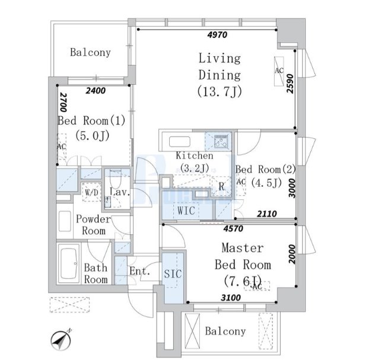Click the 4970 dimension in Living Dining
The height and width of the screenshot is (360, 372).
click(x=217, y=35)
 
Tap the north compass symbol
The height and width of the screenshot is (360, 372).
click(x=61, y=340)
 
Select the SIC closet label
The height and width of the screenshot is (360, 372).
click(x=173, y=274)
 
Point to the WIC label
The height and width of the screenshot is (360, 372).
click(x=186, y=211)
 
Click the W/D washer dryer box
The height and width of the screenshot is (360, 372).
click(x=91, y=192)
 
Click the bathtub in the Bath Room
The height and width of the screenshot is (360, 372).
click(x=69, y=263)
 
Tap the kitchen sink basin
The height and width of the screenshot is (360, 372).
click(x=180, y=142)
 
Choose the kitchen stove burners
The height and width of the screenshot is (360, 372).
click(x=221, y=142)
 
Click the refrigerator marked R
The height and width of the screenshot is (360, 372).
click(x=221, y=186)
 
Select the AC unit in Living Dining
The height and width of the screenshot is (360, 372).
click(x=279, y=71)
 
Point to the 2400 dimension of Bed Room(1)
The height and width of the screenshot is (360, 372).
click(x=96, y=91)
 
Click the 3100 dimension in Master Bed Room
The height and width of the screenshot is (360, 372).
click(x=231, y=297)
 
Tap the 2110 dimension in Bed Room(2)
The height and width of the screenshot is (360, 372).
click(x=267, y=214)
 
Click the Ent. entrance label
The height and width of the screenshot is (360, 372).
click(x=140, y=271)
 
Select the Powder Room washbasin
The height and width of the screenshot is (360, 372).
click(x=65, y=221)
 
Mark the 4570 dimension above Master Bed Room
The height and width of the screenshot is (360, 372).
click(x=233, y=228)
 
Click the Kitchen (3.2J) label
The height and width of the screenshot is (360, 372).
click(x=195, y=162)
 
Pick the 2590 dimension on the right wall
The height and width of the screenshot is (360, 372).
click(x=290, y=84)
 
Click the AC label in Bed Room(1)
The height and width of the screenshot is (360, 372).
click(x=61, y=146)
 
